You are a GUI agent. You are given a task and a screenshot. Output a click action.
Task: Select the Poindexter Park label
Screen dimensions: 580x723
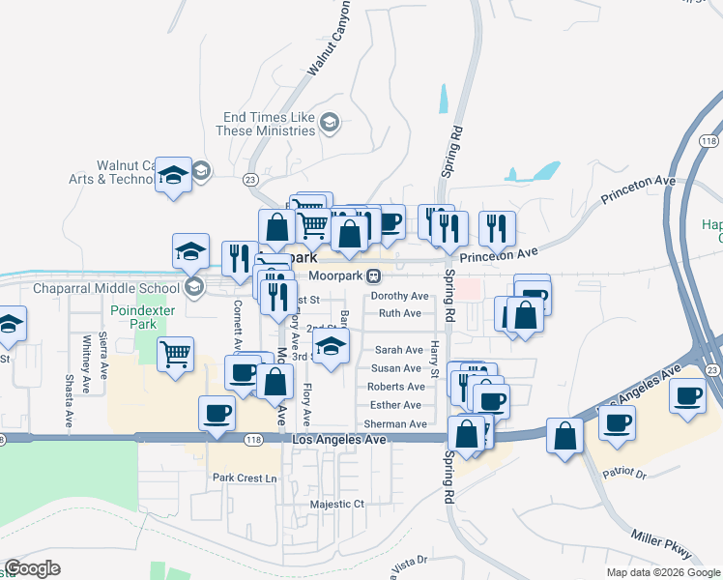131,317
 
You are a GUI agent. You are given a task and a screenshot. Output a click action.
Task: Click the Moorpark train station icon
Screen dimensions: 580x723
372,275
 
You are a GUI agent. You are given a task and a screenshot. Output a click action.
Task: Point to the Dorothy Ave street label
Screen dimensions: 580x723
399,296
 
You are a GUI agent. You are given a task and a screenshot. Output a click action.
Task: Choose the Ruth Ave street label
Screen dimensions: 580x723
399,313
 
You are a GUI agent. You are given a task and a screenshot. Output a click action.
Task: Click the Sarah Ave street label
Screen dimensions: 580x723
398,350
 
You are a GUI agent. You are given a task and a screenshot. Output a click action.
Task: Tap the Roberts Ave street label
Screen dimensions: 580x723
394,387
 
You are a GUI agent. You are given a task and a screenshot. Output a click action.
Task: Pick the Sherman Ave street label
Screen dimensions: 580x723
395,423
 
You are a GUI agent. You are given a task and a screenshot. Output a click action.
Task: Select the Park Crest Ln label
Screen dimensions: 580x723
245,478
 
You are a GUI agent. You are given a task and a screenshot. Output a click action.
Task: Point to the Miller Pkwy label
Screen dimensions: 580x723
661,543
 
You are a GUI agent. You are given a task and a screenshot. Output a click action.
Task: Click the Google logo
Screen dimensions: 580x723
33,568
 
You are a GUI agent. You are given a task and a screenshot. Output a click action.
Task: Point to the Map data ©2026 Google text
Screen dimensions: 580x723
662,572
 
